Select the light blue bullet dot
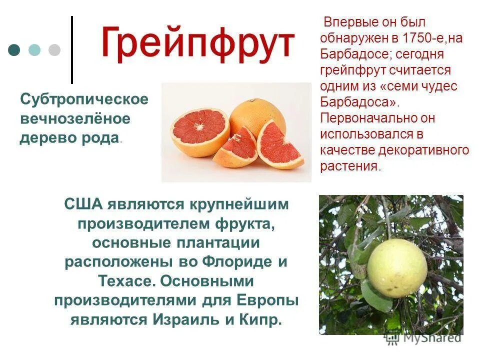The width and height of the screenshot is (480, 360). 34,50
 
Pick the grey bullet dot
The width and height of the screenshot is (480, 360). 54,50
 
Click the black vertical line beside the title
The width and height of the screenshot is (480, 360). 72,50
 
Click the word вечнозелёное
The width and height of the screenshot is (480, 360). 75,119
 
